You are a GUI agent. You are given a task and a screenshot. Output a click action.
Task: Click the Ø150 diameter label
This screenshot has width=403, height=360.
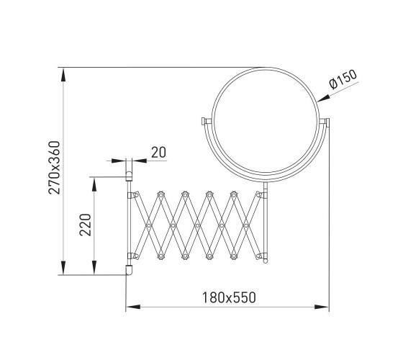coord(343,79)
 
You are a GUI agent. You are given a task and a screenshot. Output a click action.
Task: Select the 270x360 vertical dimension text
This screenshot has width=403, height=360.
coord(55,167)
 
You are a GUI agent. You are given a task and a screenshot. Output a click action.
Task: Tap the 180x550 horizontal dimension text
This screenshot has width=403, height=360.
coord(229,297)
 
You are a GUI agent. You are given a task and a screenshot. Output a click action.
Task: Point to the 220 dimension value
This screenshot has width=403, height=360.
coord(86,225)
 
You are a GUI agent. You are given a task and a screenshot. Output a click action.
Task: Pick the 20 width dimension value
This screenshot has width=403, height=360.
coord(158,152)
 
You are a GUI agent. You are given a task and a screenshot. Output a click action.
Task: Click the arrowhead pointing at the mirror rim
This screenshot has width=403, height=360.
coord(323,99)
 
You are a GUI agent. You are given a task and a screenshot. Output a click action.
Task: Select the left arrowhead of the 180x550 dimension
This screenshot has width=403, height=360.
coord(133,307)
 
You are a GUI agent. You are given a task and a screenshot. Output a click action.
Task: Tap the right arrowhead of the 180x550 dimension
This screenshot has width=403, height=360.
coord(322,307)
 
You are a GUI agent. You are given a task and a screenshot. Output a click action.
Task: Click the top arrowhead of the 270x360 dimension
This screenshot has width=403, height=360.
coord(63,75)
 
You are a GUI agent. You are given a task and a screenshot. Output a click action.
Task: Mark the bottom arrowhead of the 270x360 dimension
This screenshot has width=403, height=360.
coord(63,267)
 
